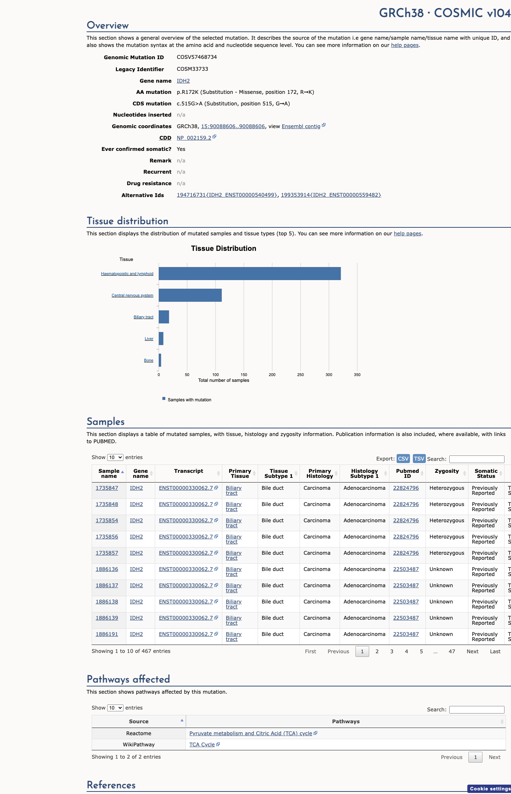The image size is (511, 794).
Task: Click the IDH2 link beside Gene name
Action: click(183, 81)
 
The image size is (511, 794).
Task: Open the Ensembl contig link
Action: click(301, 126)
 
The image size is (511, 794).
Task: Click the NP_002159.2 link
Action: click(194, 138)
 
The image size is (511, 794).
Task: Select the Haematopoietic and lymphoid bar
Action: click(250, 274)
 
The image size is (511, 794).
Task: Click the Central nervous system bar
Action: click(190, 295)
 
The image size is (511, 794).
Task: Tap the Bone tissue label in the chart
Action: click(149, 360)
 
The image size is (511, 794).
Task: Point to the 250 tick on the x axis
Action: click(301, 375)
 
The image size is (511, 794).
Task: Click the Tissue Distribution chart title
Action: click(224, 248)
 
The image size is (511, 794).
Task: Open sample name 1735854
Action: click(107, 520)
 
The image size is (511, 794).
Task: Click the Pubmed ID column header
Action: click(407, 474)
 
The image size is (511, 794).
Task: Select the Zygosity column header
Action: click(447, 471)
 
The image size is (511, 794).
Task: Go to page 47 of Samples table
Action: click(452, 651)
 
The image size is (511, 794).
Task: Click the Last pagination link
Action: click(495, 651)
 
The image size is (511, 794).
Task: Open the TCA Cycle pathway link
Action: click(202, 745)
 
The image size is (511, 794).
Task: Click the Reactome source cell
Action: click(139, 733)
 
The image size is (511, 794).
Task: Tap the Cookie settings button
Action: click(490, 789)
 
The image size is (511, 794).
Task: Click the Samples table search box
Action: click(477, 459)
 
